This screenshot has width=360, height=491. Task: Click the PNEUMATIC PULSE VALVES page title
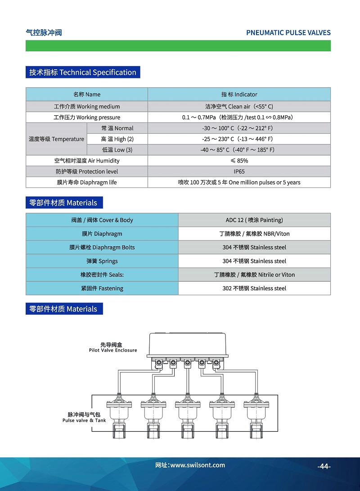tap(288, 32)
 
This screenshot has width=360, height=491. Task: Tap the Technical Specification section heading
tap(83, 72)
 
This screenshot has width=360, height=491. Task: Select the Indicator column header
tap(239, 94)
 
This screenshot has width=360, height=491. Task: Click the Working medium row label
tap(87, 107)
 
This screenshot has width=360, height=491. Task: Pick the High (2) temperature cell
tap(117, 139)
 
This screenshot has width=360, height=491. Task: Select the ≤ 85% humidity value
tap(239, 161)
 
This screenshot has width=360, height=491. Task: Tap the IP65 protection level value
tap(239, 171)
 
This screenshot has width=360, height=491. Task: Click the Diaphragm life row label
tap(87, 182)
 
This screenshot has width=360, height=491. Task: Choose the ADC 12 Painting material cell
tap(254, 220)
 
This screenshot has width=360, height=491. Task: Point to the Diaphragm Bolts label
tap(102, 248)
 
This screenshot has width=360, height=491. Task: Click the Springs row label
tap(102, 261)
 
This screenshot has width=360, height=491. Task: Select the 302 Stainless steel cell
tap(254, 288)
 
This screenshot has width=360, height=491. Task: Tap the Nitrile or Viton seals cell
tap(254, 275)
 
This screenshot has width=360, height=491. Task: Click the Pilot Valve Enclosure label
tap(113, 347)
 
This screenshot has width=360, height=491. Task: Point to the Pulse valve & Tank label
tap(84, 417)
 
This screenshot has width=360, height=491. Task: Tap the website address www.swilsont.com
tap(190, 465)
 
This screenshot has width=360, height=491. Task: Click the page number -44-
tap(324, 466)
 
